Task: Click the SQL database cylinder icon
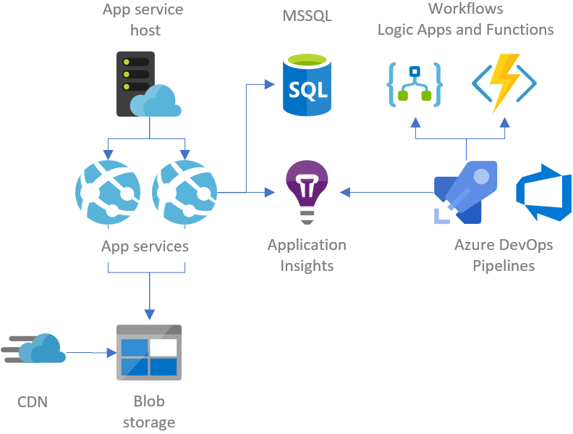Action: tap(307, 86)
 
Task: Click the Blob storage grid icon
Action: tap(149, 353)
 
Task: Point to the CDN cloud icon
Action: tap(36, 349)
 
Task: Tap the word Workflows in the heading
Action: tap(465, 9)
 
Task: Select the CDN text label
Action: tap(33, 401)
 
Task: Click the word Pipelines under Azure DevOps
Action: tap(504, 265)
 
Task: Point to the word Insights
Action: tap(307, 265)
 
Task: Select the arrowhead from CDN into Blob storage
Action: tap(111, 353)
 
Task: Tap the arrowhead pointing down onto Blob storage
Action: tap(149, 315)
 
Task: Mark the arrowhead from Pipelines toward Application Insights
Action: tap(345, 192)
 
